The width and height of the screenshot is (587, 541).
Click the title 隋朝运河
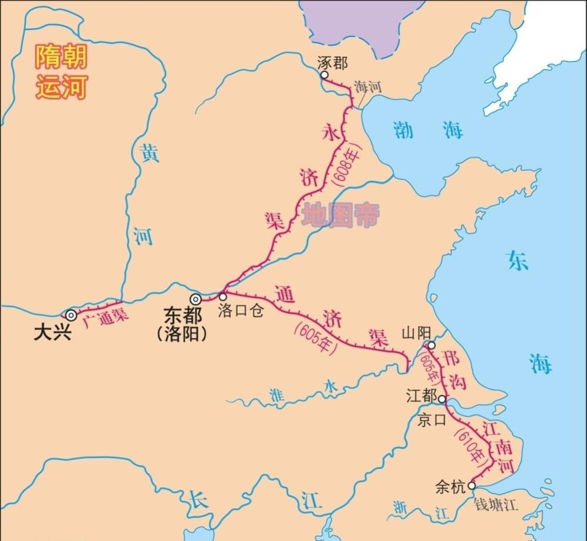[x=61, y=72]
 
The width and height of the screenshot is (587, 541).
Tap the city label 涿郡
[x=332, y=63]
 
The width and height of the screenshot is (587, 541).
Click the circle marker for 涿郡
[x=323, y=75]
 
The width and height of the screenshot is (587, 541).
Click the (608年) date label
[x=342, y=164]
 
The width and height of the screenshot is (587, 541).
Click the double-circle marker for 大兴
[x=71, y=315]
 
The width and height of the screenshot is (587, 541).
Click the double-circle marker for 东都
[x=195, y=299]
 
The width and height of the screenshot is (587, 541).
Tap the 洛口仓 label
[x=241, y=310]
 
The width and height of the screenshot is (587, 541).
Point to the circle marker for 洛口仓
[x=222, y=297]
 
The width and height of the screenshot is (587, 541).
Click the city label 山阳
[x=414, y=333]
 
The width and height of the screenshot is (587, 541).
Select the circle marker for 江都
[x=441, y=399]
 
